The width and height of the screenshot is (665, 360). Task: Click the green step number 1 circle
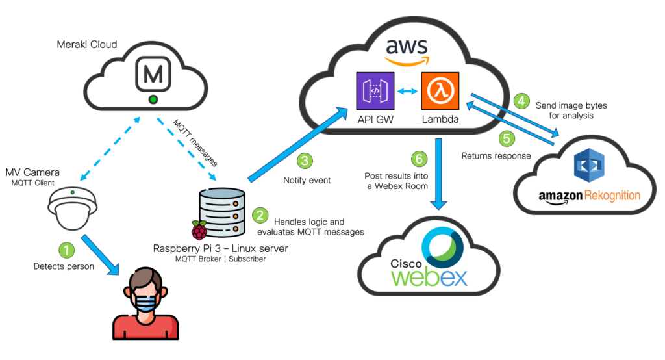pos(67,250)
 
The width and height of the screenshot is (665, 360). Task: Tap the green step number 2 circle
pos(260,215)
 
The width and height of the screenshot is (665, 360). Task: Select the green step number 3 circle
pos(305,161)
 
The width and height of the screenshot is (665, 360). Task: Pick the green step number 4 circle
pos(521,101)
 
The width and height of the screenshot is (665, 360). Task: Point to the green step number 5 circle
pos(507,138)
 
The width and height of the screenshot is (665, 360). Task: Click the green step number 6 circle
pos(419,159)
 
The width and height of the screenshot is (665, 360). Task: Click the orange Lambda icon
pos(440,91)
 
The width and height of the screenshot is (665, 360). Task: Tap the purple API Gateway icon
pos(375,91)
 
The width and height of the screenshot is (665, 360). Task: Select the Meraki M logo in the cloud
pos(153,75)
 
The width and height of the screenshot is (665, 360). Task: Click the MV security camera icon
pos(73,209)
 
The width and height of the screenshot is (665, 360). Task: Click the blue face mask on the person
pos(145,303)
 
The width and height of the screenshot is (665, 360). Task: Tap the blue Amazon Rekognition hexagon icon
pos(589,165)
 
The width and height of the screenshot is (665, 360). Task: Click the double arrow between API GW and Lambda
pos(408,91)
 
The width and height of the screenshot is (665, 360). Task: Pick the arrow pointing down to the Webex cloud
pos(438,174)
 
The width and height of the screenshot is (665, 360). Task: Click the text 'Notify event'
pos(307,180)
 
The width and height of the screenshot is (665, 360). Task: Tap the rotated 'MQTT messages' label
pos(195,143)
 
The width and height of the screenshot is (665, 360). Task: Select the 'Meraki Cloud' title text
pos(87,45)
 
